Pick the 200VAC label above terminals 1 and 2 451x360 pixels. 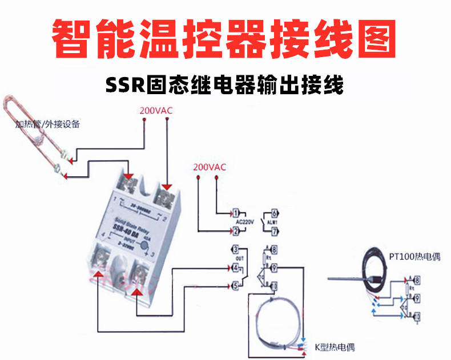(x=210, y=167)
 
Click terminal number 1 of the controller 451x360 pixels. (x=235, y=212)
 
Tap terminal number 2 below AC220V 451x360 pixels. (x=235, y=231)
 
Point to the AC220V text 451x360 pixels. (x=244, y=221)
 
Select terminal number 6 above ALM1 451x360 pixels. (x=274, y=212)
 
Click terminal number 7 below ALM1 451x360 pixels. (x=274, y=231)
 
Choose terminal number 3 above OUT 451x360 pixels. (x=235, y=250)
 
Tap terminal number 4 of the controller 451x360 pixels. (x=235, y=268)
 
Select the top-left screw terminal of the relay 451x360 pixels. (x=129, y=184)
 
